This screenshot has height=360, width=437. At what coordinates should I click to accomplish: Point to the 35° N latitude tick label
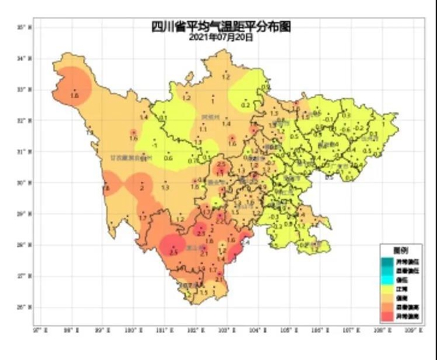tap(25, 27)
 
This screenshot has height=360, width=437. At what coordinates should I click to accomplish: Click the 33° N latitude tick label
tap(25, 89)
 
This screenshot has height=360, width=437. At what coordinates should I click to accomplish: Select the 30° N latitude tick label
tap(25, 182)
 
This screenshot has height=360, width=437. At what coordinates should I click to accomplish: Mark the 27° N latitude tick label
tap(25, 275)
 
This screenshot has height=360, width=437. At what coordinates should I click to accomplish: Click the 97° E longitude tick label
tap(38, 329)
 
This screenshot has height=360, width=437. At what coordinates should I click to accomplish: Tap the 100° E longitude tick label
tap(132, 329)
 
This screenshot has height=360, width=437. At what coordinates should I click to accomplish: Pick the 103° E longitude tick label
tap(226, 329)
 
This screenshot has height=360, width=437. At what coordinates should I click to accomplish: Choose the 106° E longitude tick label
tap(319, 329)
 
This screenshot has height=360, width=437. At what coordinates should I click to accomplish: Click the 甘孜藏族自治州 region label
tap(128, 157)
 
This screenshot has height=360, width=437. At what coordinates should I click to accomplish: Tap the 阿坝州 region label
tap(210, 117)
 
